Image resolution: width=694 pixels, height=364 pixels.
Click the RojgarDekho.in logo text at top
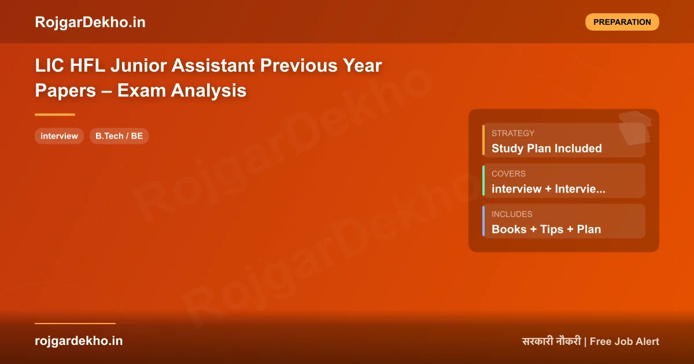pyautogui.click(x=90, y=22)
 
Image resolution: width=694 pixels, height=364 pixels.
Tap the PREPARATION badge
pyautogui.click(x=622, y=22)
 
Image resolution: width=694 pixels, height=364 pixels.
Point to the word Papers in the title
pyautogui.click(x=64, y=91)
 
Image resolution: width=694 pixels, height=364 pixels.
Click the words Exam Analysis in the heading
pyautogui.click(x=182, y=91)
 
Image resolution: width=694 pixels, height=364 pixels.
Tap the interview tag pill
pyautogui.click(x=59, y=136)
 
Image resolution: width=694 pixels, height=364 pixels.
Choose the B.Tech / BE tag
pyautogui.click(x=119, y=136)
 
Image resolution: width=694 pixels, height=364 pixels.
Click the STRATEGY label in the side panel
pyautogui.click(x=513, y=133)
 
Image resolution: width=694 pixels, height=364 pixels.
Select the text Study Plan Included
pyautogui.click(x=547, y=148)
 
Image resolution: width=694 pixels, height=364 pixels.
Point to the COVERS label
pyautogui.click(x=508, y=173)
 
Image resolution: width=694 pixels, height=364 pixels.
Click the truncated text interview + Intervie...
pyautogui.click(x=548, y=189)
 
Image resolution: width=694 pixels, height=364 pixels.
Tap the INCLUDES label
pyautogui.click(x=512, y=214)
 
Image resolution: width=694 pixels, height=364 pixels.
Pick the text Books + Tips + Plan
pyautogui.click(x=546, y=229)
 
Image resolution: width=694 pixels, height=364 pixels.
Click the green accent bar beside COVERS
pyautogui.click(x=483, y=181)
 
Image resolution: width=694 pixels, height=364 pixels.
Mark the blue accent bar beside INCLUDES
pyautogui.click(x=483, y=221)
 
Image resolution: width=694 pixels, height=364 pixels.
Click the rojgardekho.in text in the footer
pyautogui.click(x=79, y=341)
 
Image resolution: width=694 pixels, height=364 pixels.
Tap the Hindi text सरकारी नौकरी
pyautogui.click(x=551, y=341)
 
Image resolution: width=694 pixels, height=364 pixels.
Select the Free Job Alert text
pyautogui.click(x=625, y=341)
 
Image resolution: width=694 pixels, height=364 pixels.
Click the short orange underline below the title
pyautogui.click(x=55, y=114)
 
